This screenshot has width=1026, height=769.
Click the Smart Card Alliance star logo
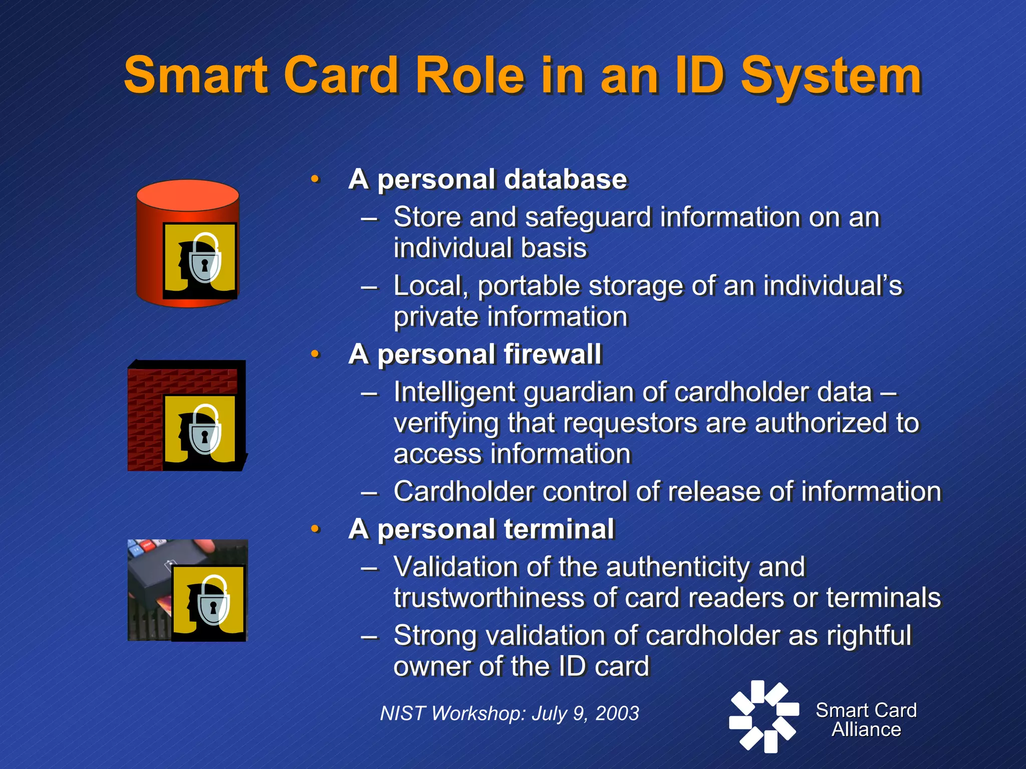[763, 716]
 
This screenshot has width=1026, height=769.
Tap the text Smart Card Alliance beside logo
[866, 720]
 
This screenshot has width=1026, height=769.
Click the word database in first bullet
[565, 179]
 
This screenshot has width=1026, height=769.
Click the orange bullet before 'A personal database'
[315, 179]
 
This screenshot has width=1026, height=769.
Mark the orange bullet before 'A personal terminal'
[315, 529]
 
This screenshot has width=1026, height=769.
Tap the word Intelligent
[454, 392]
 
